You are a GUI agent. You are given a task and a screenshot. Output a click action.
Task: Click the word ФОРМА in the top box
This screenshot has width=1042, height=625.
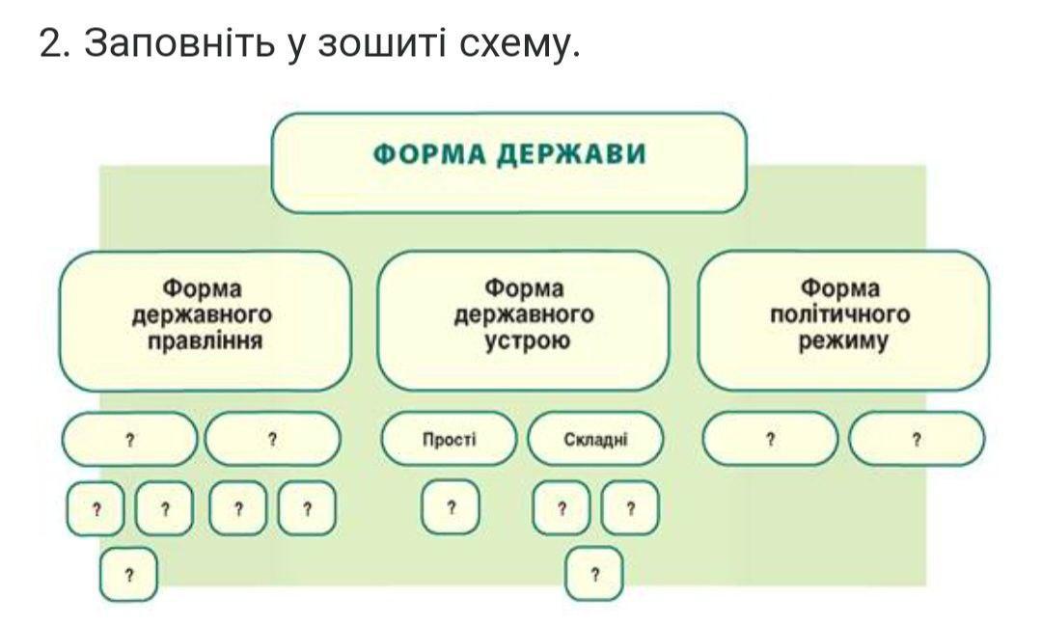tap(431, 154)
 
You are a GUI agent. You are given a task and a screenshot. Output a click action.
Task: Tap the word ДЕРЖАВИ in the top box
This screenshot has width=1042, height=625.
tap(573, 154)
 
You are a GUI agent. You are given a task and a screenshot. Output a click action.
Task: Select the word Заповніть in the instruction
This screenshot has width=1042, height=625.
tap(179, 43)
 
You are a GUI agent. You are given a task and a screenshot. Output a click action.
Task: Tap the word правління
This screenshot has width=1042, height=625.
tap(205, 340)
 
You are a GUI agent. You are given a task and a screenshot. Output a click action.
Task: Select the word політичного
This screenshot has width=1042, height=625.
tap(840, 313)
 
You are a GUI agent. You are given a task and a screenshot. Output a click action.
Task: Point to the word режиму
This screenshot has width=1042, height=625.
tap(843, 342)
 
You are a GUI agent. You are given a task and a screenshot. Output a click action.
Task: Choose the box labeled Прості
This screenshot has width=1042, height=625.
tap(449, 439)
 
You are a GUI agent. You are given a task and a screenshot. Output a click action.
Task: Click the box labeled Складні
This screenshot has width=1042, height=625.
tap(595, 439)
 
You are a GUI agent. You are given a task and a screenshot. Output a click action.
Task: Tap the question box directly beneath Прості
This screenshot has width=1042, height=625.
tap(451, 508)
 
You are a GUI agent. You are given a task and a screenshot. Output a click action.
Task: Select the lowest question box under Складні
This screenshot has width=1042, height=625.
tap(594, 574)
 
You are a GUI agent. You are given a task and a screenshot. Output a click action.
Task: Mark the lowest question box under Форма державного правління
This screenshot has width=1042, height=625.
tap(129, 574)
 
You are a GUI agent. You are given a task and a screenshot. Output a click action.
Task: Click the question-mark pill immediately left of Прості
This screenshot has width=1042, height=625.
tap(272, 439)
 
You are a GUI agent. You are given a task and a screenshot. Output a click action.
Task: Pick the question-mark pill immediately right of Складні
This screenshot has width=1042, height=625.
tap(770, 439)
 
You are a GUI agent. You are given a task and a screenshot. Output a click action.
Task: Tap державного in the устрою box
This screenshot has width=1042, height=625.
tap(524, 314)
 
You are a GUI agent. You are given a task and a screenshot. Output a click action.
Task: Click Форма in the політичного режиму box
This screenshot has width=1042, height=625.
tap(840, 287)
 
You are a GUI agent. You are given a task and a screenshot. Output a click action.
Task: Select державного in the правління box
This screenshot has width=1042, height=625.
tap(202, 314)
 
